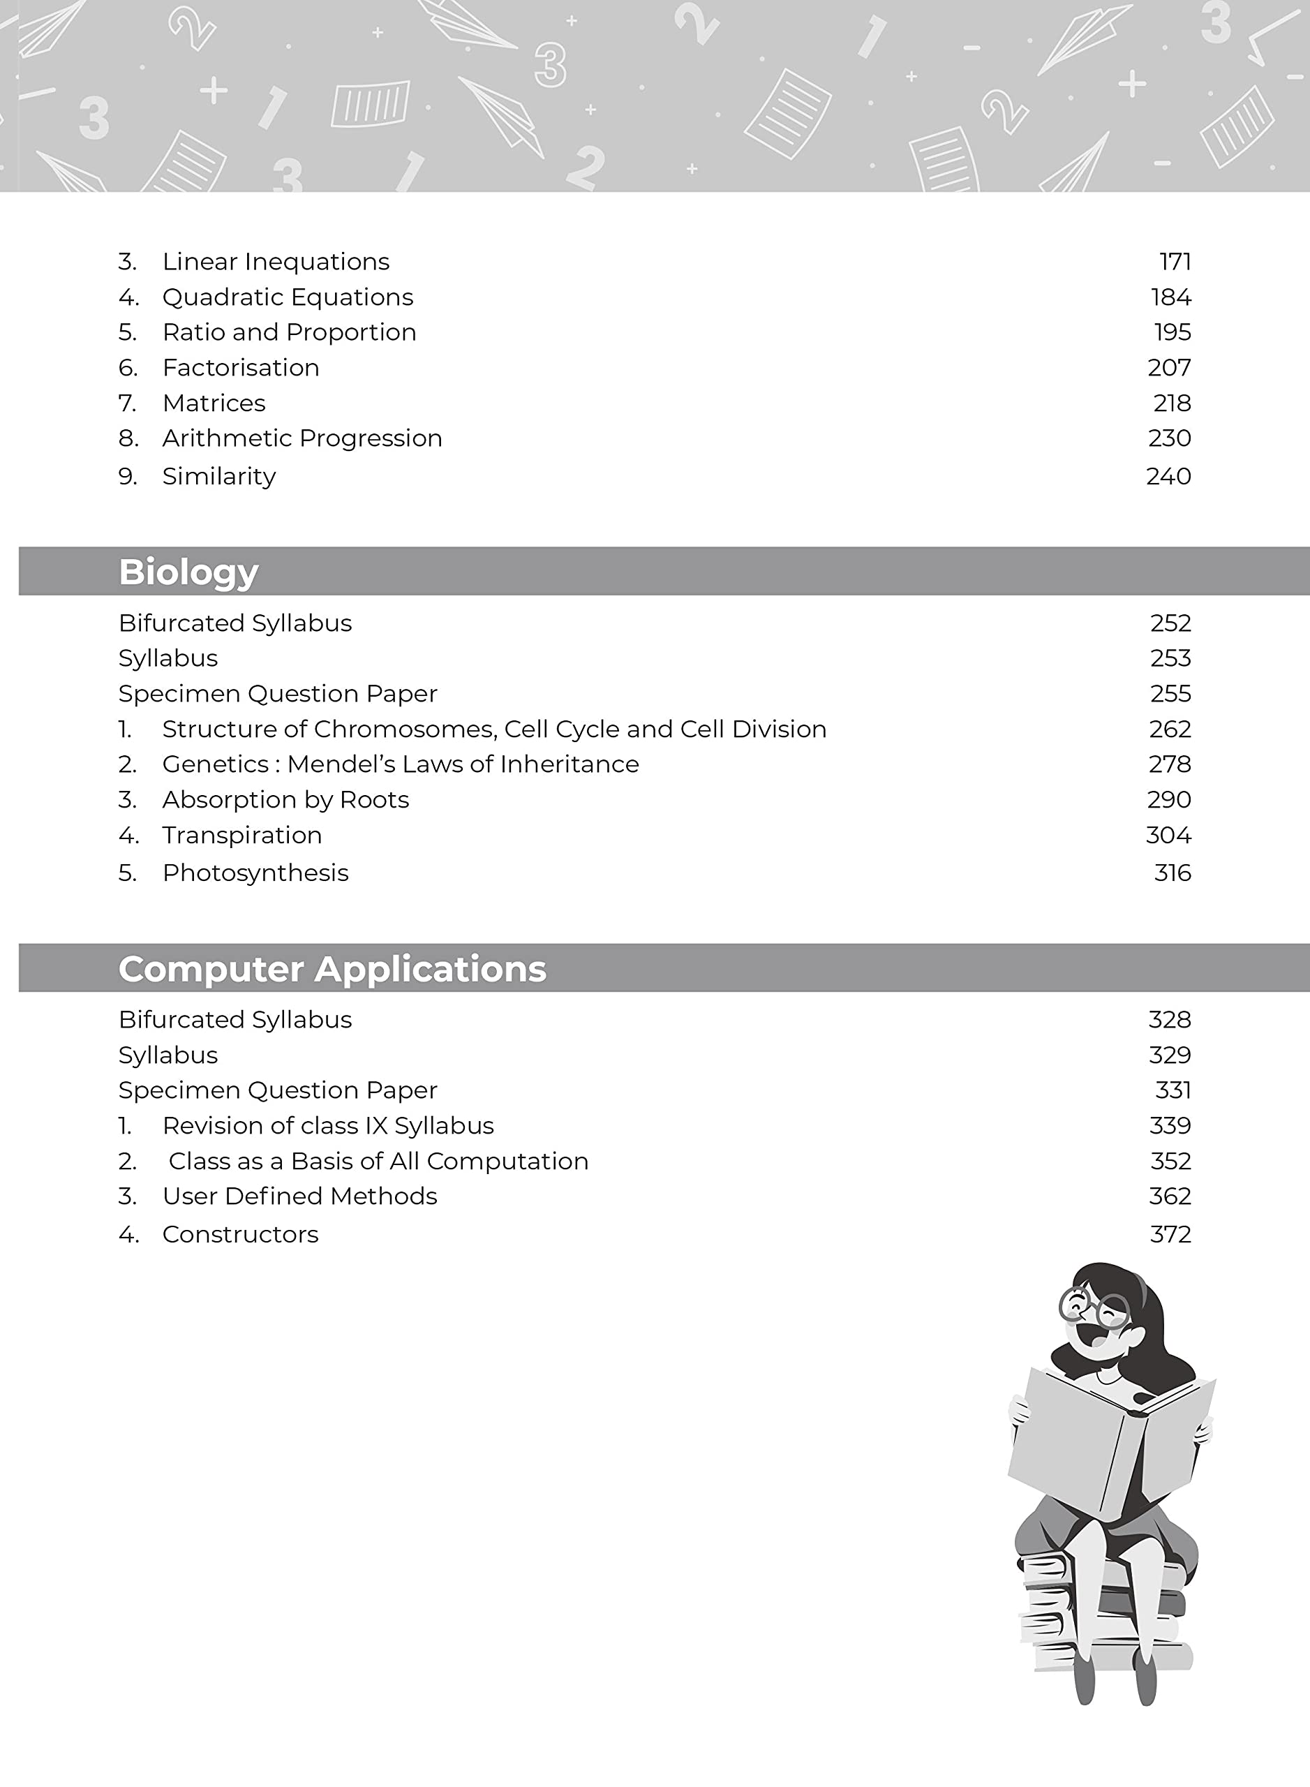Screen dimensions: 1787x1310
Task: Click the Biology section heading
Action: (188, 572)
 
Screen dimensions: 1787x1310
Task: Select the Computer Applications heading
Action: (332, 968)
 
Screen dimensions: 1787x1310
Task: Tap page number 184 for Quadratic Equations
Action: (1170, 297)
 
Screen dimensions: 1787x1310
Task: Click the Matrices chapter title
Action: (214, 403)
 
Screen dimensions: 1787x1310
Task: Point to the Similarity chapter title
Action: (219, 477)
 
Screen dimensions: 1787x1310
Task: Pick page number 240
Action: (1168, 477)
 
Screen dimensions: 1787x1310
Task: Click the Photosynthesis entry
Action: (255, 873)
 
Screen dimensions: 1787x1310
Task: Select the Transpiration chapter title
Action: (242, 835)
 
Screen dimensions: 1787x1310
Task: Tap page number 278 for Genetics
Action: (1170, 764)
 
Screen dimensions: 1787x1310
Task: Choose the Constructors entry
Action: (240, 1235)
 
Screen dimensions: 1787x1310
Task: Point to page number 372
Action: (1170, 1235)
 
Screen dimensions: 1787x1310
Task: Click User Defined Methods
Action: (299, 1196)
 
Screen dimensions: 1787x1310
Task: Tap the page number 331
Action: (1173, 1090)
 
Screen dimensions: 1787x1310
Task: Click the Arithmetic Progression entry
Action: (302, 438)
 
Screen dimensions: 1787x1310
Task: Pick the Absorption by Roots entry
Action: (285, 800)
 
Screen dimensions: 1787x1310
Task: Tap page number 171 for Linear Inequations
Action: (1175, 262)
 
